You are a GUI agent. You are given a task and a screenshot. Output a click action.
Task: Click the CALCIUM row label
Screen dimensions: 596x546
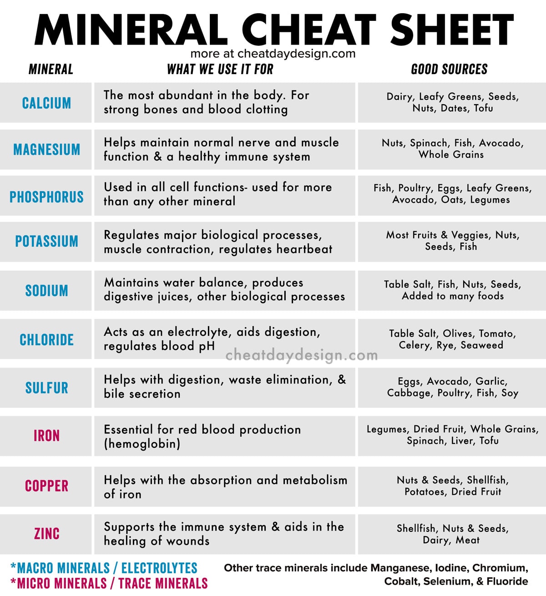click(46, 103)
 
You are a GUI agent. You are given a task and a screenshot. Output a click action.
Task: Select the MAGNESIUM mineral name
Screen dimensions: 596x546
click(46, 150)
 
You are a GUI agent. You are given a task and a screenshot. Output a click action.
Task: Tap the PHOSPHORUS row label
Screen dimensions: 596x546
click(46, 197)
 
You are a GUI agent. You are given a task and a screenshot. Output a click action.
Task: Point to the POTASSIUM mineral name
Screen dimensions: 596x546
click(46, 241)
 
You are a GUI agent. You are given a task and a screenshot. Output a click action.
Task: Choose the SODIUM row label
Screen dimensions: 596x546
click(46, 290)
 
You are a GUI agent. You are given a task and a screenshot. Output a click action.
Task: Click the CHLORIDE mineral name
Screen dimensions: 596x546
click(46, 340)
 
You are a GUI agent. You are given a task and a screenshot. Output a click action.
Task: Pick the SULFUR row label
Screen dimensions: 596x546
click(46, 388)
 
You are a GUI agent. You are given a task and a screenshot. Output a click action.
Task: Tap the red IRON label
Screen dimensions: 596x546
click(46, 436)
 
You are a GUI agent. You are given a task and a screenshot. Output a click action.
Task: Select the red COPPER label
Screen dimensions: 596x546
click(46, 486)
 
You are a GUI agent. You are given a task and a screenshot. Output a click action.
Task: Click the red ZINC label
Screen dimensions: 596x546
click(46, 533)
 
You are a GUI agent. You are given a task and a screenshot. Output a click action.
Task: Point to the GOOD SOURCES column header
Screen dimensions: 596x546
click(449, 69)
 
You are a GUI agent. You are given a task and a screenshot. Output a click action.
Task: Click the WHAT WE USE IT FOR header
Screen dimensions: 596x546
click(220, 69)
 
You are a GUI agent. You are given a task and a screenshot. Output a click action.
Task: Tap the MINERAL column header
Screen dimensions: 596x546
click(51, 69)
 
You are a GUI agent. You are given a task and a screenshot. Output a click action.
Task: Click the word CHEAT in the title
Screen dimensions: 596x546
click(308, 30)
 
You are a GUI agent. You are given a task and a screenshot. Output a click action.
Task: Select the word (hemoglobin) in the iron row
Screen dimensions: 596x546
click(142, 444)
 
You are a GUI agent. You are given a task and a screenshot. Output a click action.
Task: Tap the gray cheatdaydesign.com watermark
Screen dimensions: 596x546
click(301, 355)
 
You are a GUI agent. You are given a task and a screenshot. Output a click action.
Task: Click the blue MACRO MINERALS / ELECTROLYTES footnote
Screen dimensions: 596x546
click(104, 568)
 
